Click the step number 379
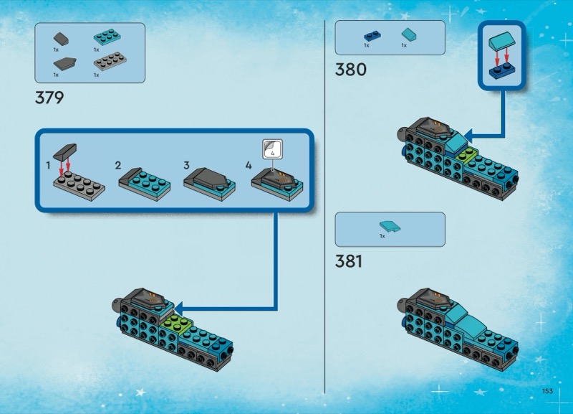(x=49, y=98)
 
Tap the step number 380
(x=350, y=70)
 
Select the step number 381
(x=349, y=261)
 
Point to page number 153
(x=547, y=391)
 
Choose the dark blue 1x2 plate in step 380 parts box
(x=372, y=37)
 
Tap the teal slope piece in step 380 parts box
(x=408, y=34)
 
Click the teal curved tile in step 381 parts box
(x=390, y=226)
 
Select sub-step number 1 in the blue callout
(x=48, y=166)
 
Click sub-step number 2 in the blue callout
(x=117, y=166)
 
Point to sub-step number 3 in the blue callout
(x=186, y=166)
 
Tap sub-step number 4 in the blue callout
(x=249, y=166)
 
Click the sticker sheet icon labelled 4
(x=273, y=149)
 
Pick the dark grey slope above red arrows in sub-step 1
(x=65, y=151)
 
